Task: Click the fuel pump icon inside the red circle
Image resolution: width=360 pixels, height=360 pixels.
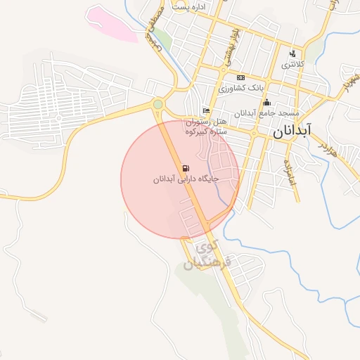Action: click(185, 168)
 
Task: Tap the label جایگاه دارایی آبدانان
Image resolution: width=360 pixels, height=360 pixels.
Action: click(186, 179)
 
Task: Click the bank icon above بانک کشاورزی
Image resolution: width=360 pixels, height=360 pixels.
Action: click(241, 77)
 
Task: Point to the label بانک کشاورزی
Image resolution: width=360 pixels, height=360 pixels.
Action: click(241, 88)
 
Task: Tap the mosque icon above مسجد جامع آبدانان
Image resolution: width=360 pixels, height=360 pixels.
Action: click(267, 103)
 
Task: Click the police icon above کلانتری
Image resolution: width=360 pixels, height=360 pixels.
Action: click(293, 53)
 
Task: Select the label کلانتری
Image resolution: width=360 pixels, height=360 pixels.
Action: click(294, 65)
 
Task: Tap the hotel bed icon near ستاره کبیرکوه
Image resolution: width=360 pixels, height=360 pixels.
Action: click(206, 110)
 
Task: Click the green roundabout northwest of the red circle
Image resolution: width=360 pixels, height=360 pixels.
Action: click(158, 105)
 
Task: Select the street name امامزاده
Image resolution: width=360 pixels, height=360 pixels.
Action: click(290, 172)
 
